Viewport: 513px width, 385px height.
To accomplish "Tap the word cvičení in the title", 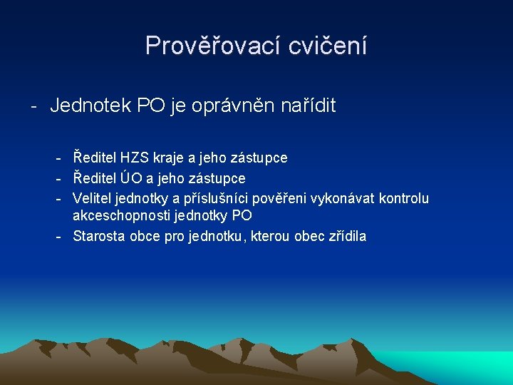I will point(328,46).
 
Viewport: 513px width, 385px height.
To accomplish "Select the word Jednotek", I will point(90,106).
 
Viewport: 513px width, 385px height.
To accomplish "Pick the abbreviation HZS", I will point(135,158).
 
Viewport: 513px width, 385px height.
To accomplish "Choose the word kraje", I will point(168,158).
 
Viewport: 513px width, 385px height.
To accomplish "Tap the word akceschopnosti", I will point(116,215).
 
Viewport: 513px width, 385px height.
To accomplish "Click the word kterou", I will point(269,237).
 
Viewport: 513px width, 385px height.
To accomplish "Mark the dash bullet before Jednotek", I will point(33,107).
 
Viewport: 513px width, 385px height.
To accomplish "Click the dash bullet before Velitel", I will point(61,198).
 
